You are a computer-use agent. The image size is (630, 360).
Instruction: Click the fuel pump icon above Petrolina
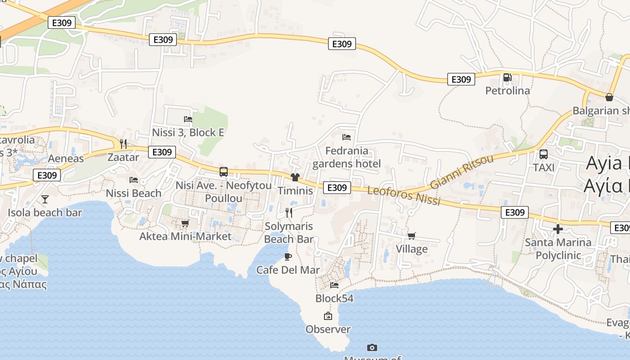507,78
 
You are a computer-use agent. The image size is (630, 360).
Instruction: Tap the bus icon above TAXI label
544,154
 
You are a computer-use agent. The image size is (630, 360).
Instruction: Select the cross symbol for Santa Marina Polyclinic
558,229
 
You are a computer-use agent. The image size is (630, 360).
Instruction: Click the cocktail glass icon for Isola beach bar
45,199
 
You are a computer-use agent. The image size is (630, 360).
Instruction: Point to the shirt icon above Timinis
295,177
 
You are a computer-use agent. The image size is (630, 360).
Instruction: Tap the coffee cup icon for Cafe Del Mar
288,256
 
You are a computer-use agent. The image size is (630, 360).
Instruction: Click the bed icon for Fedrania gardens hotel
346,137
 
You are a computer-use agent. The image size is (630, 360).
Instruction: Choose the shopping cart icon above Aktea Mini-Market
185,223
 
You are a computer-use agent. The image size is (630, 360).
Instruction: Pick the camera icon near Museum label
372,347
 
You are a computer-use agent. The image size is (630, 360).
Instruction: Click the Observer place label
328,329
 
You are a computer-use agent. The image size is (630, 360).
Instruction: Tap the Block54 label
334,298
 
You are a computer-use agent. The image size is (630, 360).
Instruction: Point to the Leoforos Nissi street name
404,196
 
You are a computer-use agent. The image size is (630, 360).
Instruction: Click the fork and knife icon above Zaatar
123,144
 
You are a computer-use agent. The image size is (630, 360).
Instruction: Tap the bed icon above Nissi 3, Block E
188,119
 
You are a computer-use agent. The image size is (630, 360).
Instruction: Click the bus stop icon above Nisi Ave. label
224,172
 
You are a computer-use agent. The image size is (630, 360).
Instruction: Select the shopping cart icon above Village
412,236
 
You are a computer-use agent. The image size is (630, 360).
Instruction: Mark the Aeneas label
66,158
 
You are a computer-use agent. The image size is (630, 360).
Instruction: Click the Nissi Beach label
134,193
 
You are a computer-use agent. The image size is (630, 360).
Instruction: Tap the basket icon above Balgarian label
609,97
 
